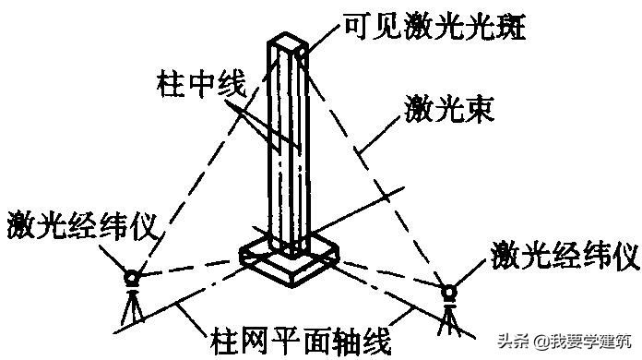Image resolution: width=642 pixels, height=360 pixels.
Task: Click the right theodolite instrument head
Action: point(450,293)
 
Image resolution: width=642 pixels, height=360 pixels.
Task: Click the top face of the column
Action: point(288,42)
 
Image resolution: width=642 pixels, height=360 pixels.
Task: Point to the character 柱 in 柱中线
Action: point(170,88)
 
